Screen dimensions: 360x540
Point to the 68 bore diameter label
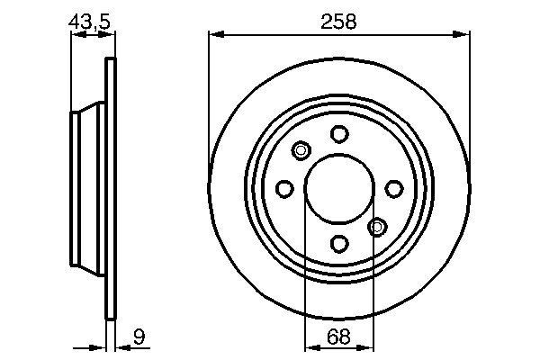(x=338, y=338)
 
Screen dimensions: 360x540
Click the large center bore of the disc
(x=338, y=188)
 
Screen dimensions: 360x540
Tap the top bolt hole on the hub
(x=338, y=134)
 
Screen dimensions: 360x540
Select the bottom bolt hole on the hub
(x=338, y=243)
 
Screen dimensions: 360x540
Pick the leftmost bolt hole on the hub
(x=284, y=188)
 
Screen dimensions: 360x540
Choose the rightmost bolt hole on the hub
(x=393, y=188)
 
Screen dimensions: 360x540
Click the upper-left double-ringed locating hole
(x=301, y=150)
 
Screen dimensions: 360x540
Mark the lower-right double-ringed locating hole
(x=377, y=226)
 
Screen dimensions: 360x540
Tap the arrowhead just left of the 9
(x=121, y=346)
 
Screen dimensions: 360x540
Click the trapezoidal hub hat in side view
(x=88, y=188)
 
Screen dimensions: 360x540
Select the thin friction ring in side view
(x=112, y=188)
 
